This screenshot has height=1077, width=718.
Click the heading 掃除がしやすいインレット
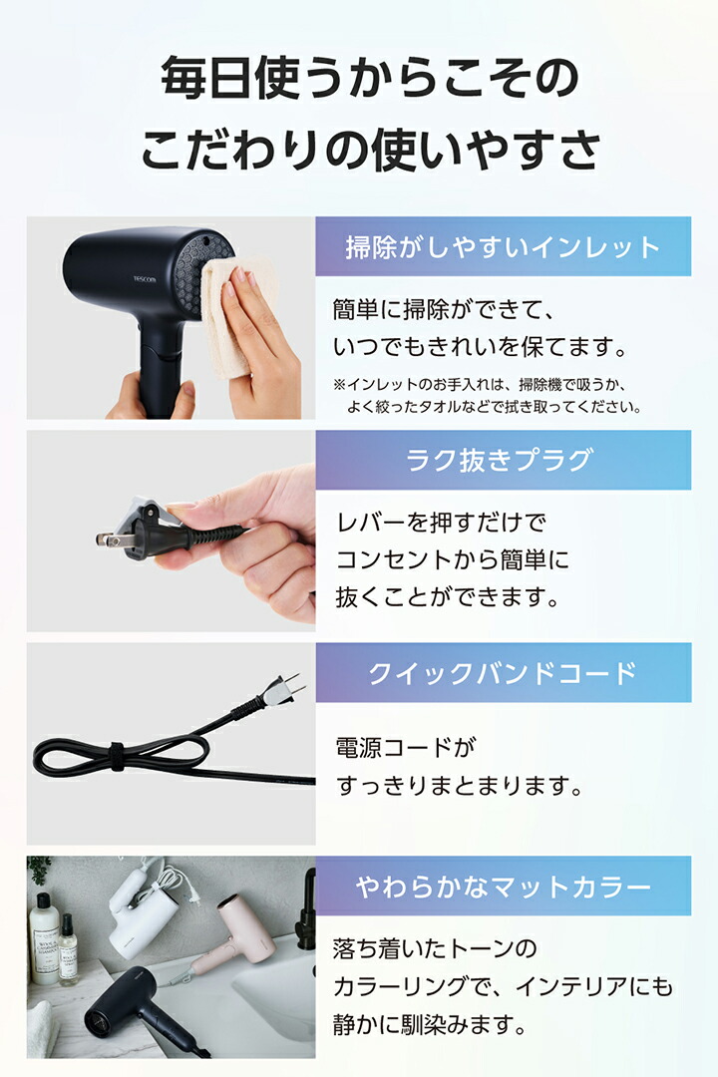click(503, 246)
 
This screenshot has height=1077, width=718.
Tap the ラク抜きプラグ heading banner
click(503, 460)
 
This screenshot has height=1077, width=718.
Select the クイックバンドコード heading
click(503, 673)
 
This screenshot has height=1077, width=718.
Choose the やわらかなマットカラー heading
click(503, 886)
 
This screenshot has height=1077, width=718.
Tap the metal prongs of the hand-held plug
click(107, 538)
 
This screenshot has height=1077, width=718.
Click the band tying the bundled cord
click(116, 755)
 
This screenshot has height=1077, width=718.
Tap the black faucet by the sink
click(305, 907)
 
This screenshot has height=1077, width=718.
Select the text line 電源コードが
click(400, 746)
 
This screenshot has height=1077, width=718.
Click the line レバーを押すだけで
click(441, 521)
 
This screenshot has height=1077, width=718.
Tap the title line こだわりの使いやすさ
click(369, 150)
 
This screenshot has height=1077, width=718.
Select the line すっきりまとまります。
click(459, 785)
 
